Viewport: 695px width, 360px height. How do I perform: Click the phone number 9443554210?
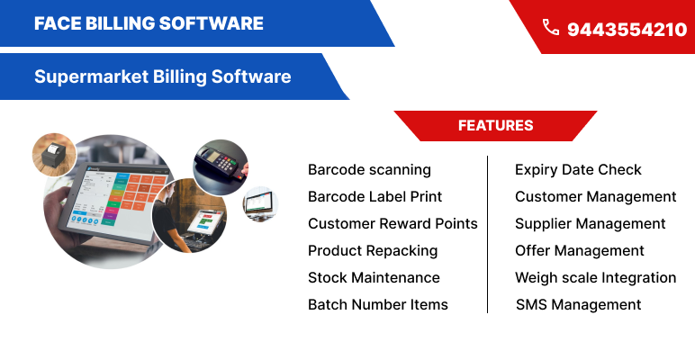tap(627, 30)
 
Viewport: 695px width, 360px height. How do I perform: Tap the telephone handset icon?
tap(550, 28)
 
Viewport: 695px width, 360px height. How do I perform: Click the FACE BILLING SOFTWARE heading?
tap(149, 23)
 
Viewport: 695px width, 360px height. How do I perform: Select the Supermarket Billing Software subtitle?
tap(162, 76)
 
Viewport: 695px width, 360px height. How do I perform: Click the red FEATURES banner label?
tap(495, 126)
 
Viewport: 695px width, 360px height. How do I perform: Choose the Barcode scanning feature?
tap(369, 169)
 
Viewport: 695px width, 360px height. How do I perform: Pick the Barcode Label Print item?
tap(375, 196)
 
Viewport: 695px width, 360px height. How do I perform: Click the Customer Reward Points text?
tap(393, 223)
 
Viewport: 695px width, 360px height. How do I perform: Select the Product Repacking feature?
tap(373, 250)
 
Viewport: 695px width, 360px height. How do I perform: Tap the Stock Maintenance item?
tap(374, 277)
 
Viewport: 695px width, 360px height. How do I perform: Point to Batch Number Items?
tap(378, 304)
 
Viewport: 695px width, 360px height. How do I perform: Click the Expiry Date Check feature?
tap(578, 169)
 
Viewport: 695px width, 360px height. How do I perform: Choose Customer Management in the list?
tap(595, 196)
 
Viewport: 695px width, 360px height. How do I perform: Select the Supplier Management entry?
tap(590, 223)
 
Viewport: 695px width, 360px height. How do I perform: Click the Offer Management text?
tap(580, 250)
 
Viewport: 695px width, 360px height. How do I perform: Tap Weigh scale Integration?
tap(595, 277)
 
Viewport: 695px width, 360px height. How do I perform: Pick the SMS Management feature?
tap(578, 304)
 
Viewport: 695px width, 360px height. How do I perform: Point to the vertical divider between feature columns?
tap(488, 234)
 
